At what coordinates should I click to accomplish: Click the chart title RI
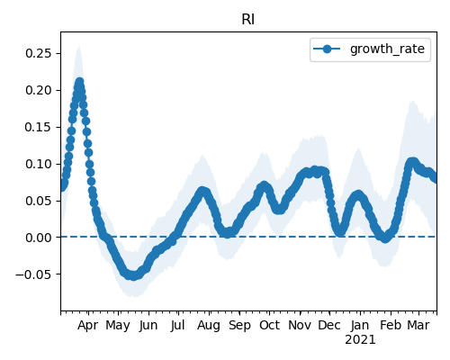click(248, 20)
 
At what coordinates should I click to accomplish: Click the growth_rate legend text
click(387, 49)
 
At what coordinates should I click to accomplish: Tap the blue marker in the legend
click(327, 49)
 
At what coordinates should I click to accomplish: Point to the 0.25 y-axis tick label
click(39, 53)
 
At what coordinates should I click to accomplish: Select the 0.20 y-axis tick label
click(39, 90)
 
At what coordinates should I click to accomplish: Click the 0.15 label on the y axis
click(39, 127)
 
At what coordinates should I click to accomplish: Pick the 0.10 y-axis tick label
click(39, 164)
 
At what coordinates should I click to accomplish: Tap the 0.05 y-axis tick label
click(39, 201)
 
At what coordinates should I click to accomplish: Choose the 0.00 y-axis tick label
click(39, 238)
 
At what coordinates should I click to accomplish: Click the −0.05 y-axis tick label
click(34, 274)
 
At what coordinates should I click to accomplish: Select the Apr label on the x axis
click(88, 326)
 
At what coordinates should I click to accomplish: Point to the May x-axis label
click(118, 326)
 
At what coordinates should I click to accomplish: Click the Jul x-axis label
click(177, 325)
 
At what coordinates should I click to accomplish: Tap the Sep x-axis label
click(239, 326)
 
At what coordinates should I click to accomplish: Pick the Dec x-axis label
click(329, 325)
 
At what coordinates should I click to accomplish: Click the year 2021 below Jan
click(360, 340)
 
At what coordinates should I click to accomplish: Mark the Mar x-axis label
click(418, 325)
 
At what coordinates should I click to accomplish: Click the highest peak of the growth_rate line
click(79, 82)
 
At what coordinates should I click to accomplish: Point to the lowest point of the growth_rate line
click(133, 275)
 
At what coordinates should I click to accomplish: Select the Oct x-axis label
click(269, 325)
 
